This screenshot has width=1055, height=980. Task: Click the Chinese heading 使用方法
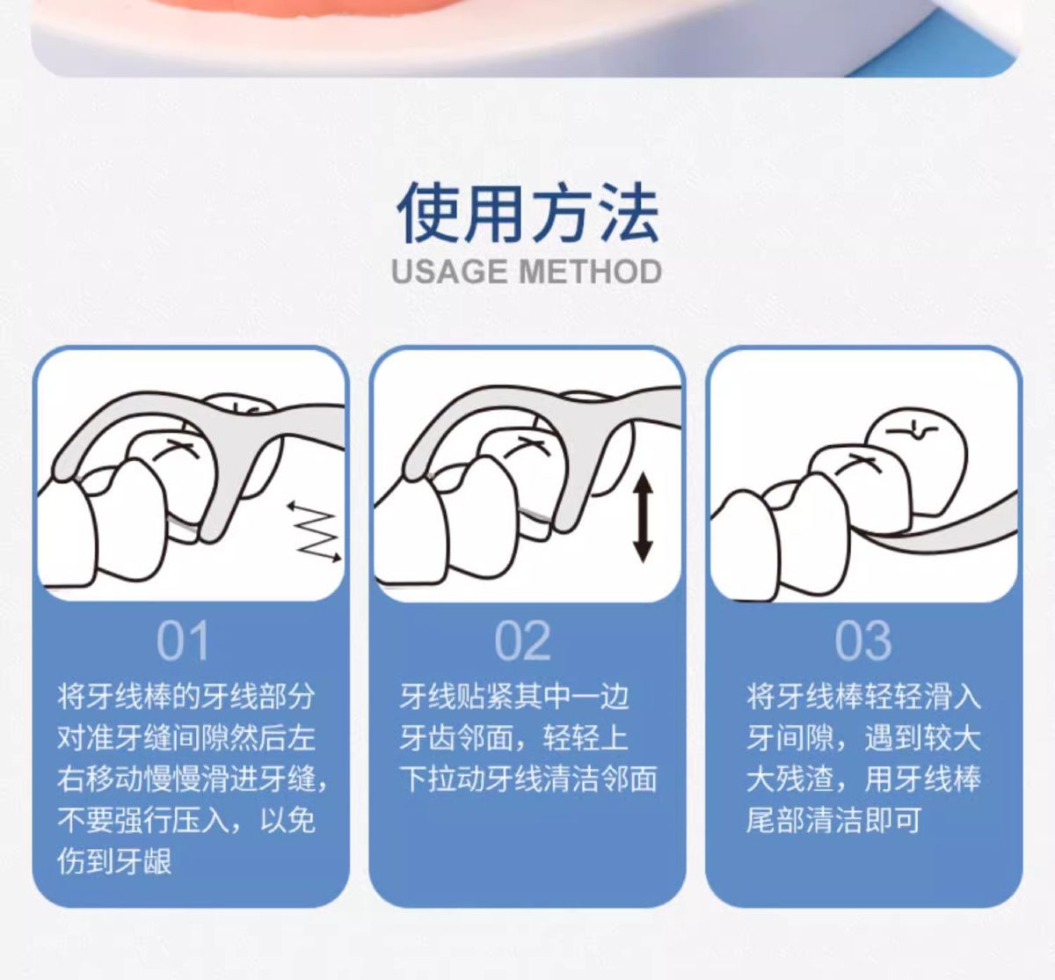click(x=527, y=212)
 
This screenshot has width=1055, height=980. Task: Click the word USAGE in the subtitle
click(x=449, y=272)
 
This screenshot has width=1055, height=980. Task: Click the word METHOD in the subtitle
click(x=590, y=272)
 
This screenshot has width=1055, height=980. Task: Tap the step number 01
click(x=182, y=640)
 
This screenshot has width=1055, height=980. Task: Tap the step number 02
click(x=522, y=640)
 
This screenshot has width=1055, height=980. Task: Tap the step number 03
click(x=862, y=640)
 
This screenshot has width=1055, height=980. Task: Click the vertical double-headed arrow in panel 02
click(x=643, y=518)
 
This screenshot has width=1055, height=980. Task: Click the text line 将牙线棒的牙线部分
click(x=186, y=697)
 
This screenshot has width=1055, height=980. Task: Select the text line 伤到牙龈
click(x=115, y=861)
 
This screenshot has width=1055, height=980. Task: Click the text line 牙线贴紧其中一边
click(x=514, y=697)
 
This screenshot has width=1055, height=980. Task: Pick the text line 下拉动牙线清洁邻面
click(x=528, y=779)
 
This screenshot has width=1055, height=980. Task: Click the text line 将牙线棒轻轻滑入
click(x=863, y=697)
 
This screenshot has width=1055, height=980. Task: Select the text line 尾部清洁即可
click(x=833, y=820)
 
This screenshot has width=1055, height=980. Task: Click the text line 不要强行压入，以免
click(x=186, y=820)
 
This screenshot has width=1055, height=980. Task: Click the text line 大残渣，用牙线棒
click(x=863, y=779)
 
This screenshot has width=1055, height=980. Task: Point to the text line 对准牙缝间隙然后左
click(x=186, y=737)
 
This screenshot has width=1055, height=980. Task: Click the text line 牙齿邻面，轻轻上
click(x=514, y=737)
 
